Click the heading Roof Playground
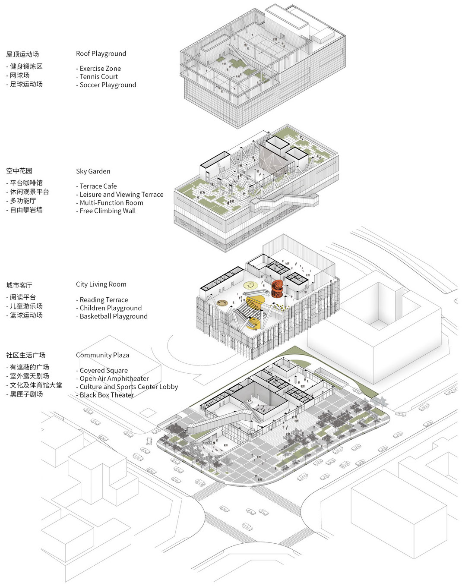tap(101, 54)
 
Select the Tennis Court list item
tap(99, 76)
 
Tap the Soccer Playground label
tap(108, 85)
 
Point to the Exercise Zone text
tap(100, 68)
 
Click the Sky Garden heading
tap(93, 171)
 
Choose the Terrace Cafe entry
tap(98, 186)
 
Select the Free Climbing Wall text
tap(108, 211)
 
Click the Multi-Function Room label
tap(111, 202)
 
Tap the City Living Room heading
tap(101, 284)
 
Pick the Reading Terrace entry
tap(104, 300)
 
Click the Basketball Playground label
tap(114, 316)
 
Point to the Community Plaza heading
tap(102, 355)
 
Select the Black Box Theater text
tap(107, 395)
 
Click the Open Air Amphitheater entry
tap(114, 378)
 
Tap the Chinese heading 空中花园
tap(19, 171)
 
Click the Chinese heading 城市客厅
tap(19, 285)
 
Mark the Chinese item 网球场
tap(19, 76)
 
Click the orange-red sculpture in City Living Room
tap(278, 289)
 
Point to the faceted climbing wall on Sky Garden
tap(273, 158)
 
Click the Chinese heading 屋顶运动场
tap(22, 54)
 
